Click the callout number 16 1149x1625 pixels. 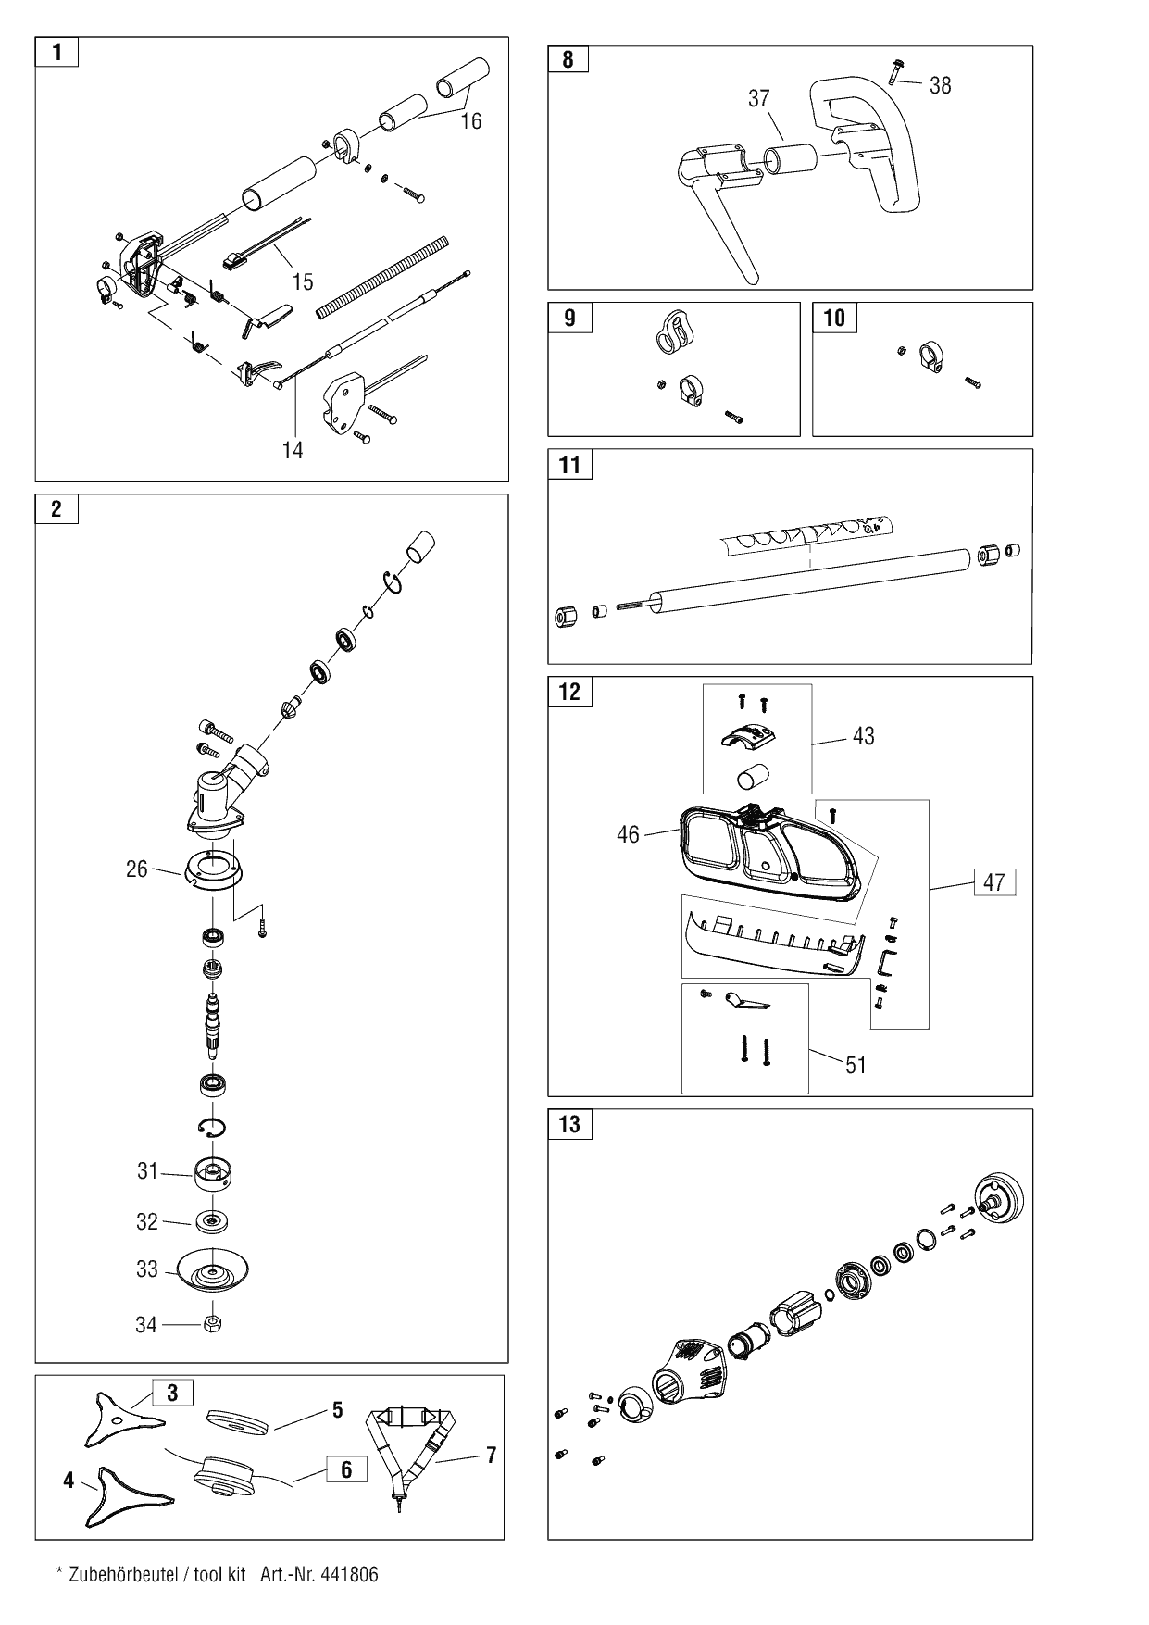(x=471, y=121)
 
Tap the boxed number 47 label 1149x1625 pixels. (x=993, y=882)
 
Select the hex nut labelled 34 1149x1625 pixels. (x=212, y=1324)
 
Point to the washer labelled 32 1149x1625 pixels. (x=212, y=1222)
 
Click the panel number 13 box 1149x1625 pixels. (x=569, y=1124)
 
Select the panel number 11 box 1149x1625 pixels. (x=569, y=465)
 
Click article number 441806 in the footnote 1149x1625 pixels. (x=349, y=1575)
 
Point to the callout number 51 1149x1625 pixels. (x=856, y=1065)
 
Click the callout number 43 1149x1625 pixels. (x=863, y=737)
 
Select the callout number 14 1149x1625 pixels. (x=293, y=450)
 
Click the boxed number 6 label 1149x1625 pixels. (x=346, y=1470)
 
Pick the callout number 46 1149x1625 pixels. (x=628, y=834)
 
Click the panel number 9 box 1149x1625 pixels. (x=569, y=318)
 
